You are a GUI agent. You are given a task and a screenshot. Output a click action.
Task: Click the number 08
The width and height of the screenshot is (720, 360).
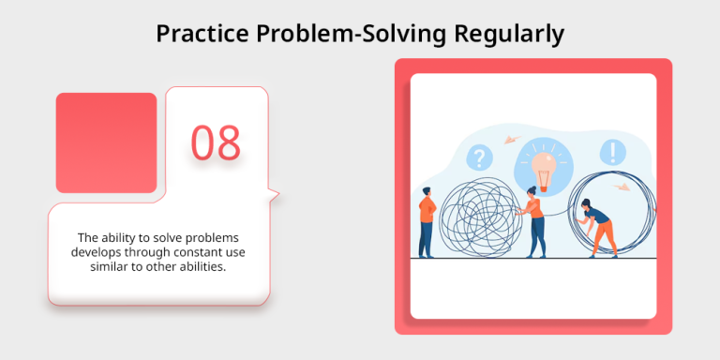coord(217,142)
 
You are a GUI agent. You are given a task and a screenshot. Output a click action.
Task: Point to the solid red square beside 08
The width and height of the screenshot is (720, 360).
coord(106,142)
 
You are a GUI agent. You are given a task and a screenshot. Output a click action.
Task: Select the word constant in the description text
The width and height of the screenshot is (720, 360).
coord(196,252)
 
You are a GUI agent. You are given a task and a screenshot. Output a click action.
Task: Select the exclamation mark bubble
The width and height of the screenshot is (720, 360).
coord(614,151)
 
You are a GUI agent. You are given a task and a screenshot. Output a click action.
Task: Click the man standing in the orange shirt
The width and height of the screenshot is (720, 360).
coord(427,221)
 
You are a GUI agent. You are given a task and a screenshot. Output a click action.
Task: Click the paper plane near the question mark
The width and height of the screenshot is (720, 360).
coord(512,140)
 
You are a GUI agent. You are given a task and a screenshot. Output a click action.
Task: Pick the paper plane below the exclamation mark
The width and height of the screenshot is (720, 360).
coord(621,186)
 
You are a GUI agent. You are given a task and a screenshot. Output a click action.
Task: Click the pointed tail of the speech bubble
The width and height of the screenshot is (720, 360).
coord(273,195)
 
